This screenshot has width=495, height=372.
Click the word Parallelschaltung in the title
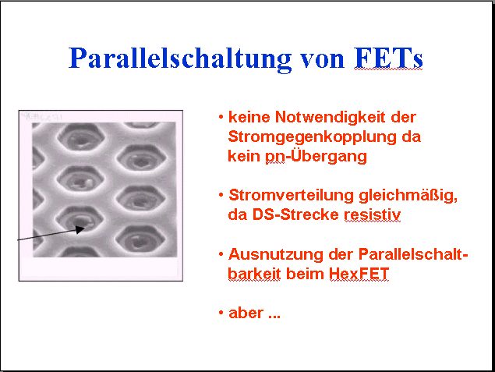coord(180,58)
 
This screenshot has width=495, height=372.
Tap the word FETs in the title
coord(388,58)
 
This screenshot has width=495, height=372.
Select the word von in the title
coord(322,60)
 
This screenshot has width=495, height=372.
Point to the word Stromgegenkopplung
coord(313,137)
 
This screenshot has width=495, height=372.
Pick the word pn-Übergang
coord(316,156)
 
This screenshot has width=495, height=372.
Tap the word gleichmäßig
coord(408,196)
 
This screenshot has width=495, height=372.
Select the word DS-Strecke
coord(295,214)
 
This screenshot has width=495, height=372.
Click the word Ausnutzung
coord(276,254)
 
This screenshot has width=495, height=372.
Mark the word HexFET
coord(359,274)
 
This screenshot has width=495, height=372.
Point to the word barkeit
coord(254,274)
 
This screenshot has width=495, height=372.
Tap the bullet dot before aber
coord(221,313)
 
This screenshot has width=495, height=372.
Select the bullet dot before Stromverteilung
coord(221,195)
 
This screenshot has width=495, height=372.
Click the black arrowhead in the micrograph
coord(80,229)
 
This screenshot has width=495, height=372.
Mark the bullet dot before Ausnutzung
coord(221,254)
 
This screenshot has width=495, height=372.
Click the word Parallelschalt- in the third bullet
coord(413,254)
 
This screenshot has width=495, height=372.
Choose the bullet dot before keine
coord(221,117)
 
